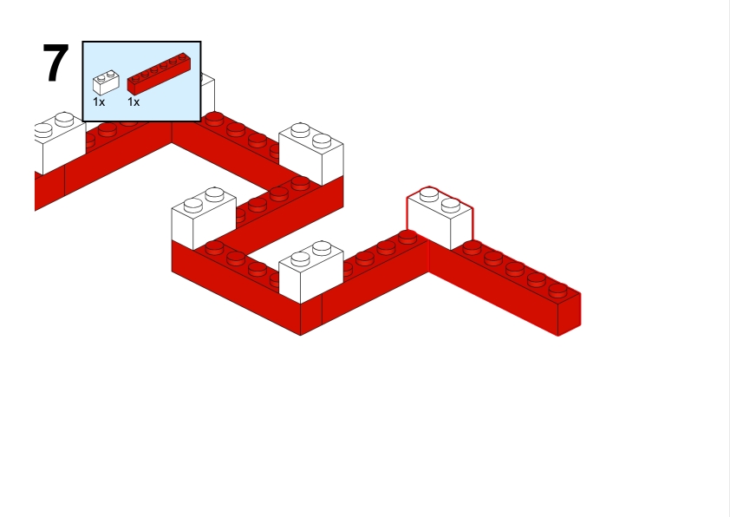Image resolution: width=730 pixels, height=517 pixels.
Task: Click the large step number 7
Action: (55, 62)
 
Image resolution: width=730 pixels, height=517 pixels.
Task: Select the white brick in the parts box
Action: (106, 82)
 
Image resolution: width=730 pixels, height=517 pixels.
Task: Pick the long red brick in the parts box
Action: (159, 74)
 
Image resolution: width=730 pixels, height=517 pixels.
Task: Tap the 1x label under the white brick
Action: (99, 101)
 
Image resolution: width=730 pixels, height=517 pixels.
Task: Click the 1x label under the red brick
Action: (134, 101)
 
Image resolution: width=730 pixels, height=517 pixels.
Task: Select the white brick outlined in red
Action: (440, 218)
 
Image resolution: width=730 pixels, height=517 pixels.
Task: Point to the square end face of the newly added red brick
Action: (569, 314)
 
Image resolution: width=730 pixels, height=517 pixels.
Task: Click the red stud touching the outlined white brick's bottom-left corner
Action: (407, 237)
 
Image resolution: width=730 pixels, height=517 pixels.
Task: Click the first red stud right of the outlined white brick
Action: (473, 247)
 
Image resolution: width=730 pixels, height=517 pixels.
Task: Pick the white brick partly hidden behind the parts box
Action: (207, 93)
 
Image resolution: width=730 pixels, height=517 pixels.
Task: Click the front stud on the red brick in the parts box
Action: (135, 79)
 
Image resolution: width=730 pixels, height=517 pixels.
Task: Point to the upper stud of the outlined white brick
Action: (429, 194)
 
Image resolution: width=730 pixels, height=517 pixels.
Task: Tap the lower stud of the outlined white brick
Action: (451, 205)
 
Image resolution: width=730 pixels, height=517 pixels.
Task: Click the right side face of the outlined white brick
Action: (462, 229)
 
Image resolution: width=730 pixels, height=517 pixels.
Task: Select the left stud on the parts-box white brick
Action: (101, 78)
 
